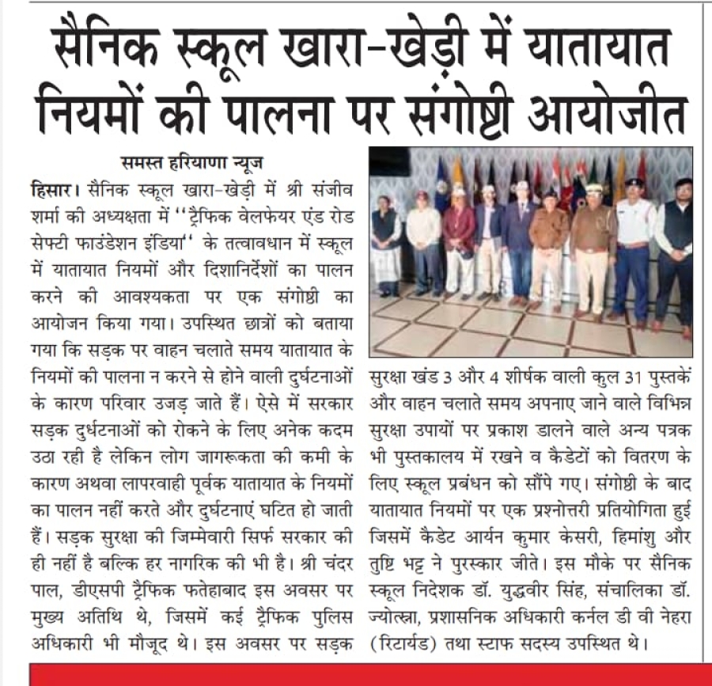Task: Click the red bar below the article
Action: pyautogui.click(x=356, y=675)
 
